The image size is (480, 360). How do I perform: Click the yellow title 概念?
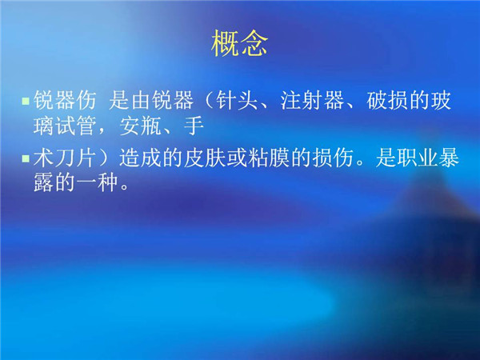pos(240,43)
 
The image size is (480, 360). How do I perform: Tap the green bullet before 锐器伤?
pos(26,101)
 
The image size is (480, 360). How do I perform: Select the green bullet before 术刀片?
pos(26,158)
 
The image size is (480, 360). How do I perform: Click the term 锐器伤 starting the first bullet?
pos(65,101)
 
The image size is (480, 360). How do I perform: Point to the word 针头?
pos(236,101)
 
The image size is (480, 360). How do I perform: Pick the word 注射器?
pos(312,101)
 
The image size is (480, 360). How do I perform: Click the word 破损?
pos(387,101)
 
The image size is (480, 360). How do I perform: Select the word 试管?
pos(75,126)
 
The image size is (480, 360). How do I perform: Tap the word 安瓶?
pos(140,126)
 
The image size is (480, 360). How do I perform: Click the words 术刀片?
pos(65,158)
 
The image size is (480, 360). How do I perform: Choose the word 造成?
pos(140,158)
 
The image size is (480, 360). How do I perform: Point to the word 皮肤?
pos(204,158)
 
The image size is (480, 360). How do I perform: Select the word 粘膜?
pos(269,158)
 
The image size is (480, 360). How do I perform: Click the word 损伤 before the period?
pos(333,158)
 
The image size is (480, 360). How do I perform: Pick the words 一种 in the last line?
pos(97,183)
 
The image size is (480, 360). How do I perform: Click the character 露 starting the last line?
pos(43,183)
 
